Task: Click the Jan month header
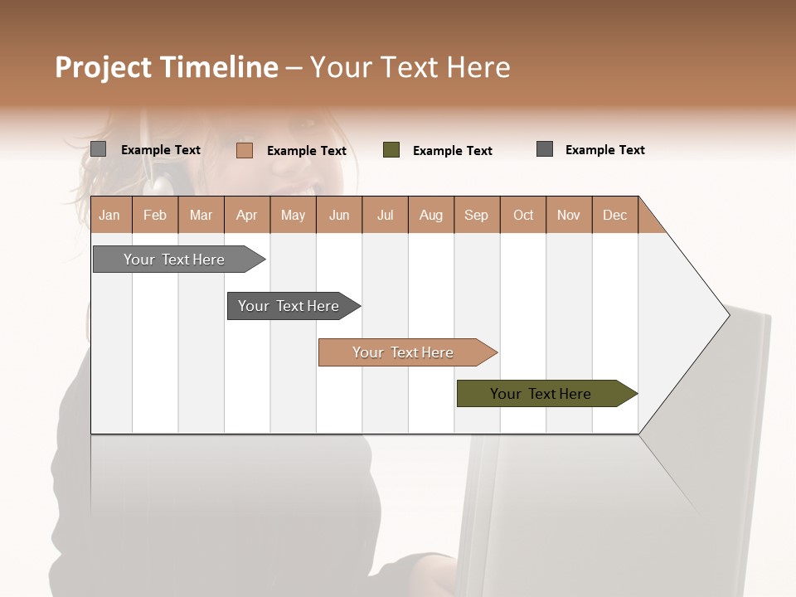pos(109,215)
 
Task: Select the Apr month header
pos(246,215)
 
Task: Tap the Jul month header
pos(385,215)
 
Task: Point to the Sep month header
pos(476,215)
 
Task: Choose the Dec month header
pos(614,215)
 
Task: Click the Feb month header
pos(155,215)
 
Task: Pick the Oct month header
pos(523,215)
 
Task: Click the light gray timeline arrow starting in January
pos(175,260)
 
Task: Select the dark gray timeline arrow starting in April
pos(289,306)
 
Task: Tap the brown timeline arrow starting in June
pos(403,352)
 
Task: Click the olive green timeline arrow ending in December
pos(541,394)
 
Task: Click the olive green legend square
pos(391,150)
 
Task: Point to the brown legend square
pos(245,150)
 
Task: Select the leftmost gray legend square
pos(99,149)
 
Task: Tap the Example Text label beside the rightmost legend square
pos(604,150)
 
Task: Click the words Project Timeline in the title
pos(166,67)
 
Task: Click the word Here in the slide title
pos(478,67)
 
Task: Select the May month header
pos(293,215)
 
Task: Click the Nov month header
pos(569,215)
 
